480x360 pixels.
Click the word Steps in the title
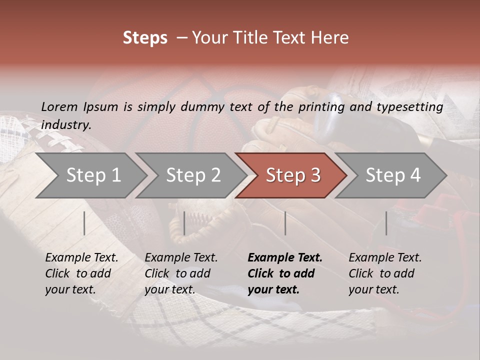coord(145,38)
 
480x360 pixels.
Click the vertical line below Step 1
coord(84,223)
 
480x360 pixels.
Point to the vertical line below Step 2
coord(184,223)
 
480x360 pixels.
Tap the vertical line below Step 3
coord(285,223)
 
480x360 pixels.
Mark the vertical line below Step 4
coord(386,223)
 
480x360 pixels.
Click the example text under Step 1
coord(81,273)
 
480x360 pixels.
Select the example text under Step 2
coord(180,273)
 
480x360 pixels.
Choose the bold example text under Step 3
coord(284,273)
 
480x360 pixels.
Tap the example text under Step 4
coord(384,273)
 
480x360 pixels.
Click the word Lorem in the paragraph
coord(59,106)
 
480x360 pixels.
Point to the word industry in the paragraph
coord(65,125)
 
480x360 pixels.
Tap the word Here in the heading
coord(330,38)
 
